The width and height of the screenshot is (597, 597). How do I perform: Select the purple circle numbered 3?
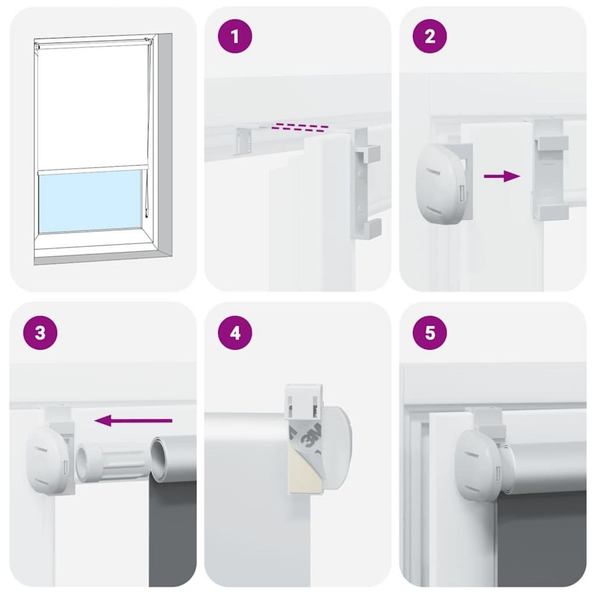(x=40, y=332)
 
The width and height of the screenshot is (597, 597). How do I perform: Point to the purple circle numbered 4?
(x=235, y=332)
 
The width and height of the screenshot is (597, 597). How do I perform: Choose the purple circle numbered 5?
(x=430, y=332)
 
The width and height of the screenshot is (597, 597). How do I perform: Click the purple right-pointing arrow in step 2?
(x=501, y=176)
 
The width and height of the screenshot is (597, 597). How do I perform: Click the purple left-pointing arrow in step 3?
(x=133, y=421)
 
